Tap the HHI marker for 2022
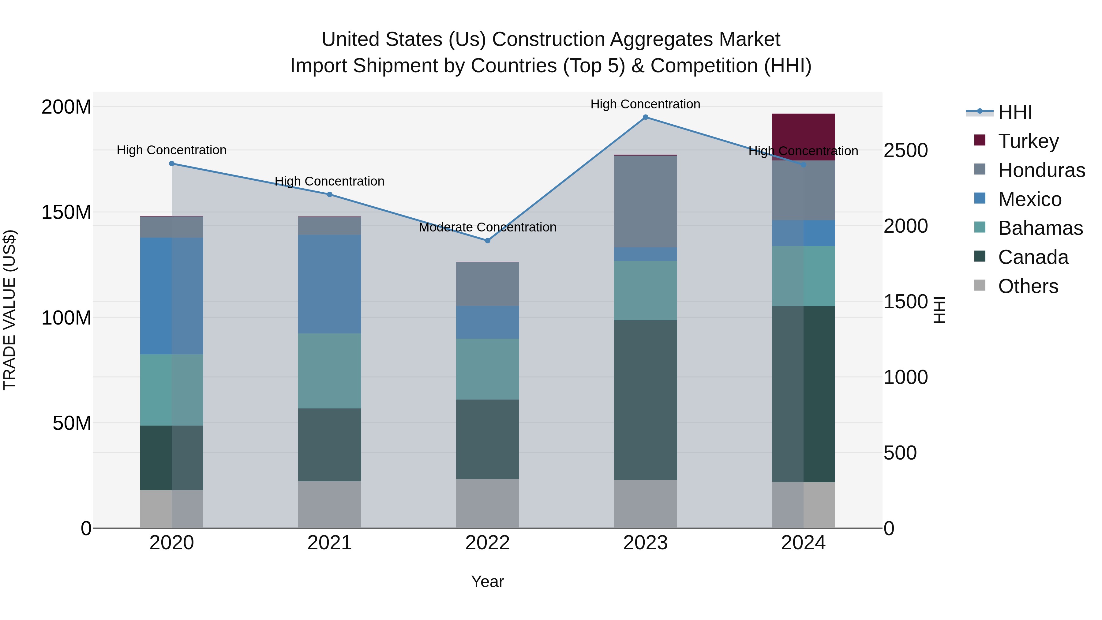pos(487,240)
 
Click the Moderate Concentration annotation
pos(487,227)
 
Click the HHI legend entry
pos(1014,112)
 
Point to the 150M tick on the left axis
pos(66,212)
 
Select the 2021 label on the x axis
pos(329,543)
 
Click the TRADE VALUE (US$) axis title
pos(9,310)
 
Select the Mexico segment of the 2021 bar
pos(329,284)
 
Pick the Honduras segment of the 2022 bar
pos(487,284)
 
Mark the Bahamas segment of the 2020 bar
pos(171,390)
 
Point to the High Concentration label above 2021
pos(329,182)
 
